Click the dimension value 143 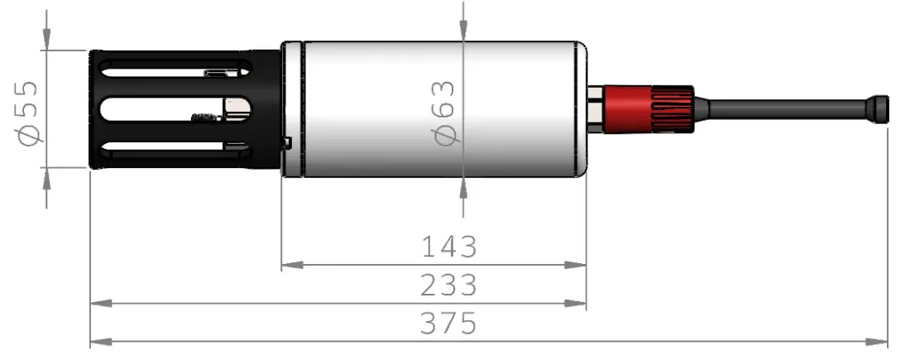(449, 247)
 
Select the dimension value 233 (449, 285)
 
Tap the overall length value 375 (449, 323)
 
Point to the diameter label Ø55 (27, 112)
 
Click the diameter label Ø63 (444, 112)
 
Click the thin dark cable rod (786, 108)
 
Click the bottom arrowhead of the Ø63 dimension (464, 188)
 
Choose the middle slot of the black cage (174, 108)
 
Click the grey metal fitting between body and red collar (596, 108)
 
